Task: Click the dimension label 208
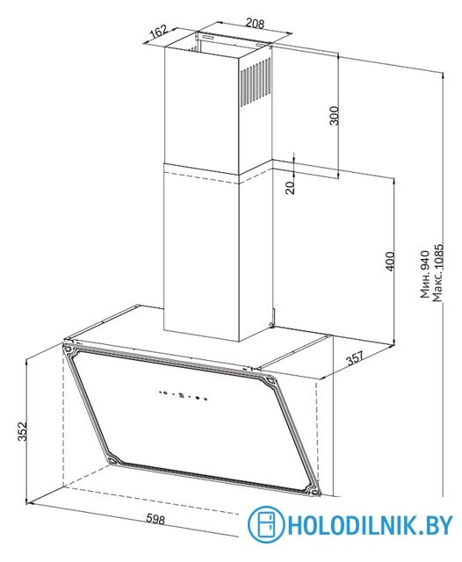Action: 255,24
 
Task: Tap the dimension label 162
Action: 158,32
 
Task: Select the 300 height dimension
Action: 334,115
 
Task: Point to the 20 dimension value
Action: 290,187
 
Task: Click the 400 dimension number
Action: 390,262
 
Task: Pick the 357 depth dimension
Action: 355,357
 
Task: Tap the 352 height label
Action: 22,431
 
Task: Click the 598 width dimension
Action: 156,519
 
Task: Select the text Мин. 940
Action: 425,274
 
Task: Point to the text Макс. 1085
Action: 437,273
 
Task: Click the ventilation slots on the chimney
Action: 256,82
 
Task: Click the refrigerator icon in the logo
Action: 265,524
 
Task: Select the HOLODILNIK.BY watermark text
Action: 370,525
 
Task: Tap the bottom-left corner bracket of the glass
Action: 112,460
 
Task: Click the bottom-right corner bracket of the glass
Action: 313,491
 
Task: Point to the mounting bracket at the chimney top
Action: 234,40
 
